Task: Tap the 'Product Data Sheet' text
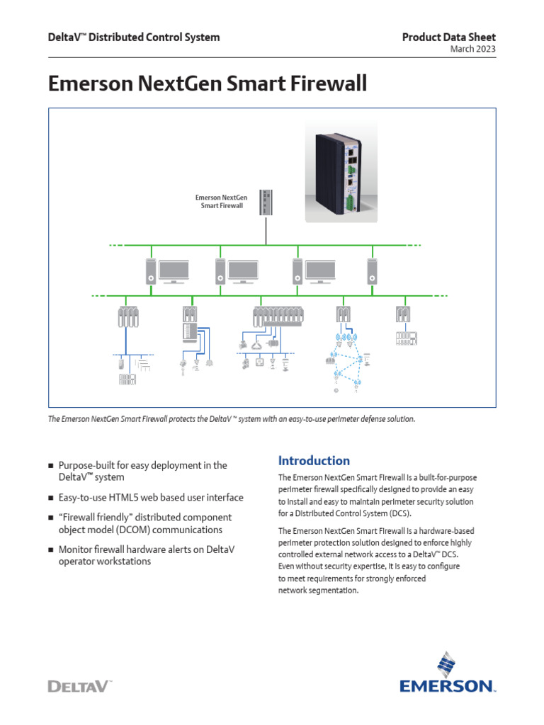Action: tap(449, 37)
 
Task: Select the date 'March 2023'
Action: tap(472, 49)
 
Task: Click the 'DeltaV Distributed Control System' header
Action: tap(133, 37)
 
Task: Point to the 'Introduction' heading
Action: tap(314, 460)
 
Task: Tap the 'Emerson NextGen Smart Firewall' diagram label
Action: tap(220, 202)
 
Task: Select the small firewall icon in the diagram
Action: tap(266, 202)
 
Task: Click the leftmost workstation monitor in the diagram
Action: tap(174, 270)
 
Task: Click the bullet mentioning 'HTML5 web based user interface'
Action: tap(151, 497)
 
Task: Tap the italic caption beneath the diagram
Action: tap(231, 419)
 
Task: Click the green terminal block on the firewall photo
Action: tap(349, 204)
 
